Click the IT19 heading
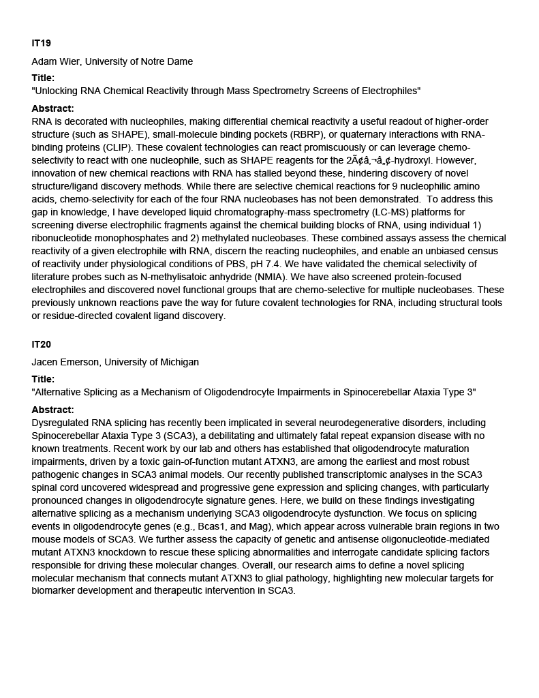[x=41, y=43]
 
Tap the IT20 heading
[x=41, y=344]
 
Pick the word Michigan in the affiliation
[x=179, y=362]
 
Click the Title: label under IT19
[x=43, y=78]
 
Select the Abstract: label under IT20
[x=52, y=410]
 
